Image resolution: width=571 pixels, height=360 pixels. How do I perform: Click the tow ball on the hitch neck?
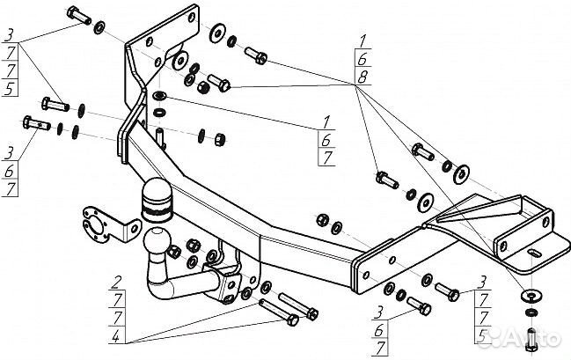[157, 240]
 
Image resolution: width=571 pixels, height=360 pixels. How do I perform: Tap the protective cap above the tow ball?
[157, 200]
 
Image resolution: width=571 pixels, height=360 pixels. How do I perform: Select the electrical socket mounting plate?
[109, 224]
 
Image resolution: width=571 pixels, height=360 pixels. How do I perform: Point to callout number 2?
[117, 283]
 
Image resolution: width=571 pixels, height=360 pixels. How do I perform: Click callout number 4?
[116, 336]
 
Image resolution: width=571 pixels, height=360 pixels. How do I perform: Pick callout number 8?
[362, 77]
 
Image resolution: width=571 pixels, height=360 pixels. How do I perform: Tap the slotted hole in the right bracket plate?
[535, 252]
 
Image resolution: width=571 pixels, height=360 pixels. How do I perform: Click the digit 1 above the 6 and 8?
[362, 40]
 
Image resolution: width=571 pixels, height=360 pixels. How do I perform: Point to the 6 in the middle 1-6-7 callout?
[326, 140]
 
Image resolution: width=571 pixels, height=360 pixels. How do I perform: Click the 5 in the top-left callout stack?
[9, 88]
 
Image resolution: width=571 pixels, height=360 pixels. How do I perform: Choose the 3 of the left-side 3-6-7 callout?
[9, 153]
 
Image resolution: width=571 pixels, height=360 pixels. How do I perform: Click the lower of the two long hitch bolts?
[279, 312]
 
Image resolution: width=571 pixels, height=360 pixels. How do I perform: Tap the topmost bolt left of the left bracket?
[79, 15]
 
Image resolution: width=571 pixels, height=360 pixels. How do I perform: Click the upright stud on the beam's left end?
[161, 137]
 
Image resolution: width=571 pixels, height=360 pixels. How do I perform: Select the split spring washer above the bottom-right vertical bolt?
[531, 312]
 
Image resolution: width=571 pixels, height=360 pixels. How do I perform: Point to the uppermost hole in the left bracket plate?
[192, 17]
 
